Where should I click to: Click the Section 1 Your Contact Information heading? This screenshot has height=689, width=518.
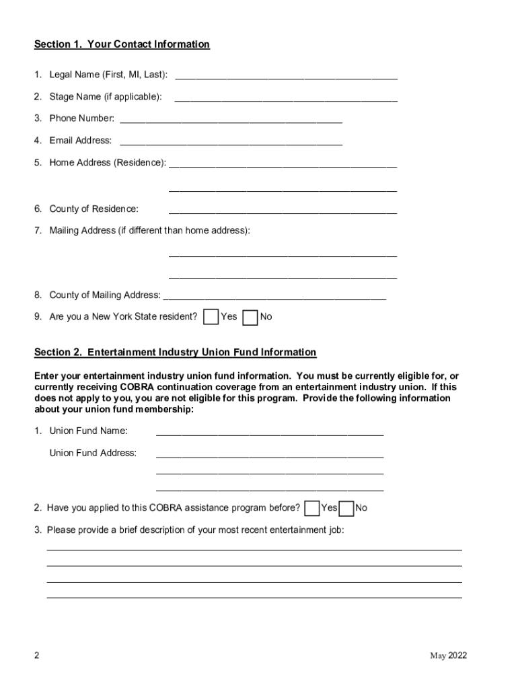[x=122, y=44]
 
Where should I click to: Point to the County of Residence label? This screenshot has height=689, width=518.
[x=94, y=209]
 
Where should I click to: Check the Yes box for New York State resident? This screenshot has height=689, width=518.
[x=211, y=317]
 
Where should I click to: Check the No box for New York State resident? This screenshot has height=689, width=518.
[x=250, y=317]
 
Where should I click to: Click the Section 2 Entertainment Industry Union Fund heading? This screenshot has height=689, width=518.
[x=175, y=353]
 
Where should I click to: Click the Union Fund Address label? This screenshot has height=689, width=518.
[x=93, y=453]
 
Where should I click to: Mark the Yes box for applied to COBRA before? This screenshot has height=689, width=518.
[x=311, y=508]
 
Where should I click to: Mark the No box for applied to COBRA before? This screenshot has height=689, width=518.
[x=346, y=508]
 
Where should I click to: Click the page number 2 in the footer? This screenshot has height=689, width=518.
[x=37, y=657]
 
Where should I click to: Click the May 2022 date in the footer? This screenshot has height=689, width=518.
[x=449, y=657]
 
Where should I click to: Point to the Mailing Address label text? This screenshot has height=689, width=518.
[x=149, y=231]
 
